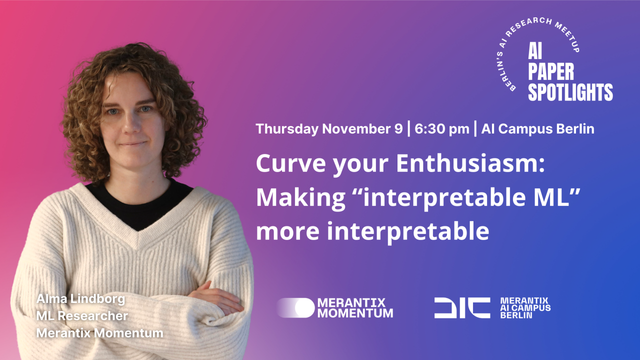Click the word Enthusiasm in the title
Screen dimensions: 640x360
(x=470, y=163)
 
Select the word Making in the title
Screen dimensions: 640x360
(x=301, y=198)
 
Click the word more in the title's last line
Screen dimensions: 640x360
(x=287, y=231)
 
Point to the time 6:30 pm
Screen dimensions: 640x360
(x=442, y=129)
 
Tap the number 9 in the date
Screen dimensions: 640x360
(x=398, y=129)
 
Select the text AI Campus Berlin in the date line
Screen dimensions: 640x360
(x=537, y=129)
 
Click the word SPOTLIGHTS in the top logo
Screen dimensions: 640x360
(x=570, y=92)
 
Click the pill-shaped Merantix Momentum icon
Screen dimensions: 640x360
(x=295, y=307)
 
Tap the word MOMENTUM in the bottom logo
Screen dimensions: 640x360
(x=355, y=313)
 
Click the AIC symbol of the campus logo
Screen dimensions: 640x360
(x=462, y=307)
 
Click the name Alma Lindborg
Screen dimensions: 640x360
(x=81, y=299)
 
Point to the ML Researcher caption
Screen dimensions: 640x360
(x=82, y=316)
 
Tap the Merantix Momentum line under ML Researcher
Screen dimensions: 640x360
(x=99, y=333)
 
